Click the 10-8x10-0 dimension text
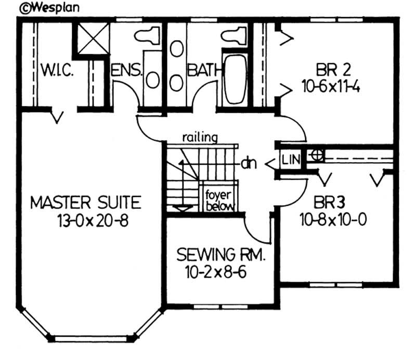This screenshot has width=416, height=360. pyautogui.click(x=333, y=219)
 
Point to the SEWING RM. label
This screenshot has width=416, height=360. pyautogui.click(x=221, y=255)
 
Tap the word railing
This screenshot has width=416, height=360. pyautogui.click(x=200, y=138)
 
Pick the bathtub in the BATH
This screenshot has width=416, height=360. pyautogui.click(x=235, y=77)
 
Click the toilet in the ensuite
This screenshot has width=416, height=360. pyautogui.click(x=147, y=35)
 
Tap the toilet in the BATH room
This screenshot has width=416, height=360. pyautogui.click(x=233, y=35)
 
